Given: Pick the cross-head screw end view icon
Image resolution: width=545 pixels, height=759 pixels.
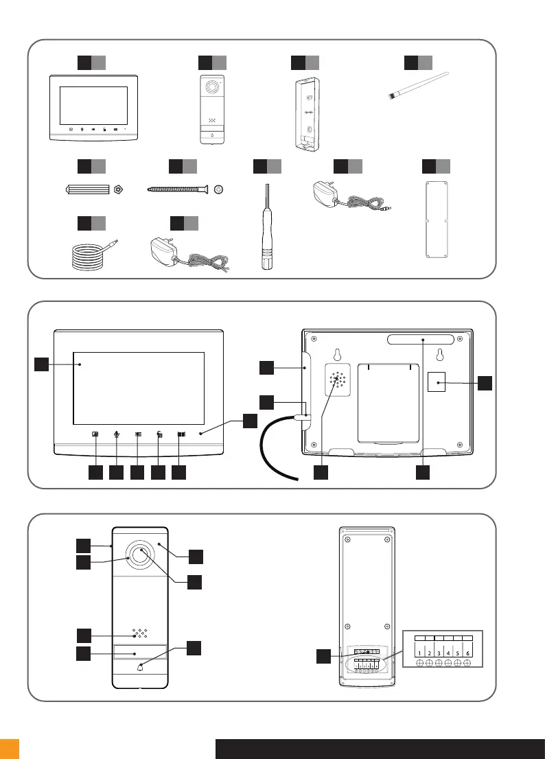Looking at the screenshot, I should [x=219, y=189].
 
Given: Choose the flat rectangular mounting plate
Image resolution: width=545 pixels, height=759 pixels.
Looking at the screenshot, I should [x=435, y=219].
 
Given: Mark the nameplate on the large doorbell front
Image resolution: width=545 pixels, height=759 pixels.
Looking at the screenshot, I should [x=140, y=653].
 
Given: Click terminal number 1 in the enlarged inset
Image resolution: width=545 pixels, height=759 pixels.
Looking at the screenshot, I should [x=419, y=652].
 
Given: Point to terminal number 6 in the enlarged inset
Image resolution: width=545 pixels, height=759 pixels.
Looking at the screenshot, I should [x=467, y=652].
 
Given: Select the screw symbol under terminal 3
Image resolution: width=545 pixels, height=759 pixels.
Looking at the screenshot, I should [x=439, y=664].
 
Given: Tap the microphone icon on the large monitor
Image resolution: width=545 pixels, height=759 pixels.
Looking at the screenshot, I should [x=117, y=434].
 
